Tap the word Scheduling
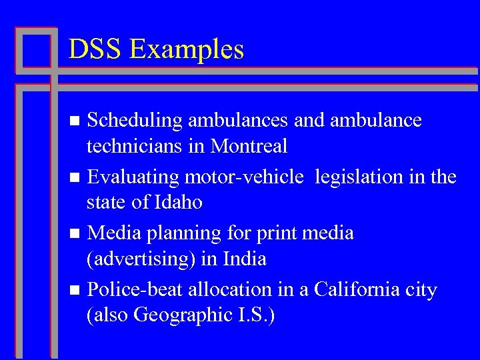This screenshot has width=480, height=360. [135, 121]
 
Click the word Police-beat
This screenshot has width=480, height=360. [135, 290]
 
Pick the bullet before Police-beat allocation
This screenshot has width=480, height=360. [75, 291]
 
